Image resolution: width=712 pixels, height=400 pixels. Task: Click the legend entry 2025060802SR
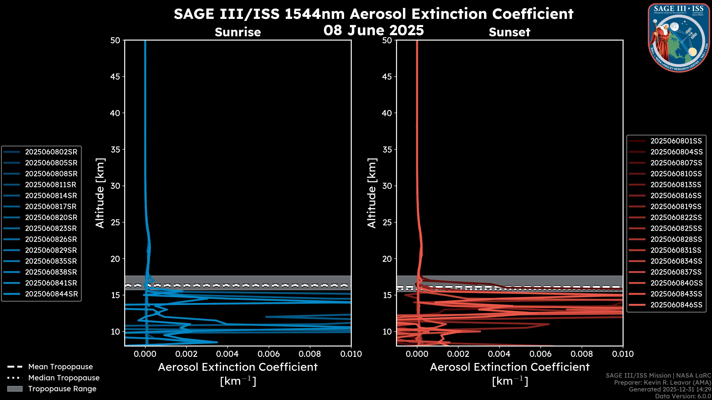click(51, 152)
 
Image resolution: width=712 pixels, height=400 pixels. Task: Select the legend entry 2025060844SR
click(51, 294)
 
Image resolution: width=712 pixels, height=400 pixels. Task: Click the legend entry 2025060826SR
click(51, 239)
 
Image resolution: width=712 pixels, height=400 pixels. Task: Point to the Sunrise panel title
click(238, 32)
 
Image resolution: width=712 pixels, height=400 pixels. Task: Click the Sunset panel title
click(509, 32)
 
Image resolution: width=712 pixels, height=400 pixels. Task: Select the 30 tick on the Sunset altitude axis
click(387, 186)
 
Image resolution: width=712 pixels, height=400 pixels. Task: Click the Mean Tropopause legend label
click(60, 367)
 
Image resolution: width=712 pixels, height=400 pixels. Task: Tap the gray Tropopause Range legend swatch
click(15, 389)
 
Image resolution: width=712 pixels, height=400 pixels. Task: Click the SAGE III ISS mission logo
click(679, 38)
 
